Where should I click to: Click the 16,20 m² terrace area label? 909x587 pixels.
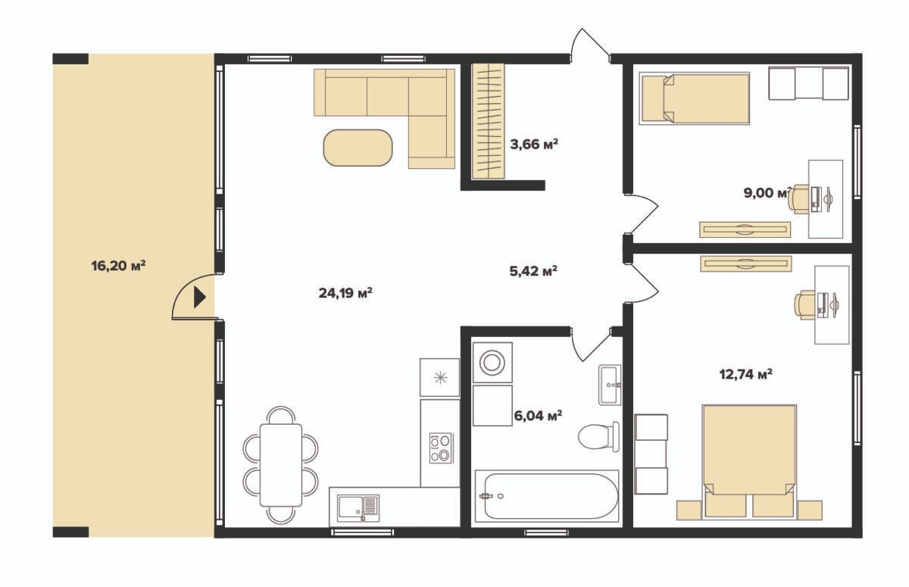pyautogui.click(x=118, y=266)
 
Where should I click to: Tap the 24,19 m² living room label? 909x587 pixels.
pyautogui.click(x=345, y=293)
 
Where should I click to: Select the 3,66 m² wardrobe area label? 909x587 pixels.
pyautogui.click(x=534, y=144)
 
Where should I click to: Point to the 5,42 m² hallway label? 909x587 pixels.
pyautogui.click(x=533, y=270)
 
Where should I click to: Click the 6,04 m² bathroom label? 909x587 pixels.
pyautogui.click(x=538, y=416)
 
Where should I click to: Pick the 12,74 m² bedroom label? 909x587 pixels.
pyautogui.click(x=746, y=374)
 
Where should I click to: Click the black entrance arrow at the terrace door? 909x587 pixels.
pyautogui.click(x=200, y=298)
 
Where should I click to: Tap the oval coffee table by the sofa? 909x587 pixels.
pyautogui.click(x=358, y=148)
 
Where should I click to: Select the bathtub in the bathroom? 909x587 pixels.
pyautogui.click(x=547, y=495)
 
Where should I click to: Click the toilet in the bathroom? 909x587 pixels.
pyautogui.click(x=599, y=436)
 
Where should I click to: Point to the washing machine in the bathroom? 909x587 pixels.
pyautogui.click(x=492, y=363)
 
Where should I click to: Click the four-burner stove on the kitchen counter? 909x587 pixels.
pyautogui.click(x=442, y=448)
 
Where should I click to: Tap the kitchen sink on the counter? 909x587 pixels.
pyautogui.click(x=359, y=507)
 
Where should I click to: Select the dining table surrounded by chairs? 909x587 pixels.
pyautogui.click(x=281, y=465)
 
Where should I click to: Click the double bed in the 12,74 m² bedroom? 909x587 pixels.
pyautogui.click(x=749, y=462)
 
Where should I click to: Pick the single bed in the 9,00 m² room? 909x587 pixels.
pyautogui.click(x=695, y=98)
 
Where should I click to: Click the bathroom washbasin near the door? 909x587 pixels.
pyautogui.click(x=610, y=385)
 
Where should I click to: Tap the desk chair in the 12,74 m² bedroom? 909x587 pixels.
pyautogui.click(x=804, y=305)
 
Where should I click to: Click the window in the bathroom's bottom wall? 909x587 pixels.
pyautogui.click(x=547, y=532)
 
